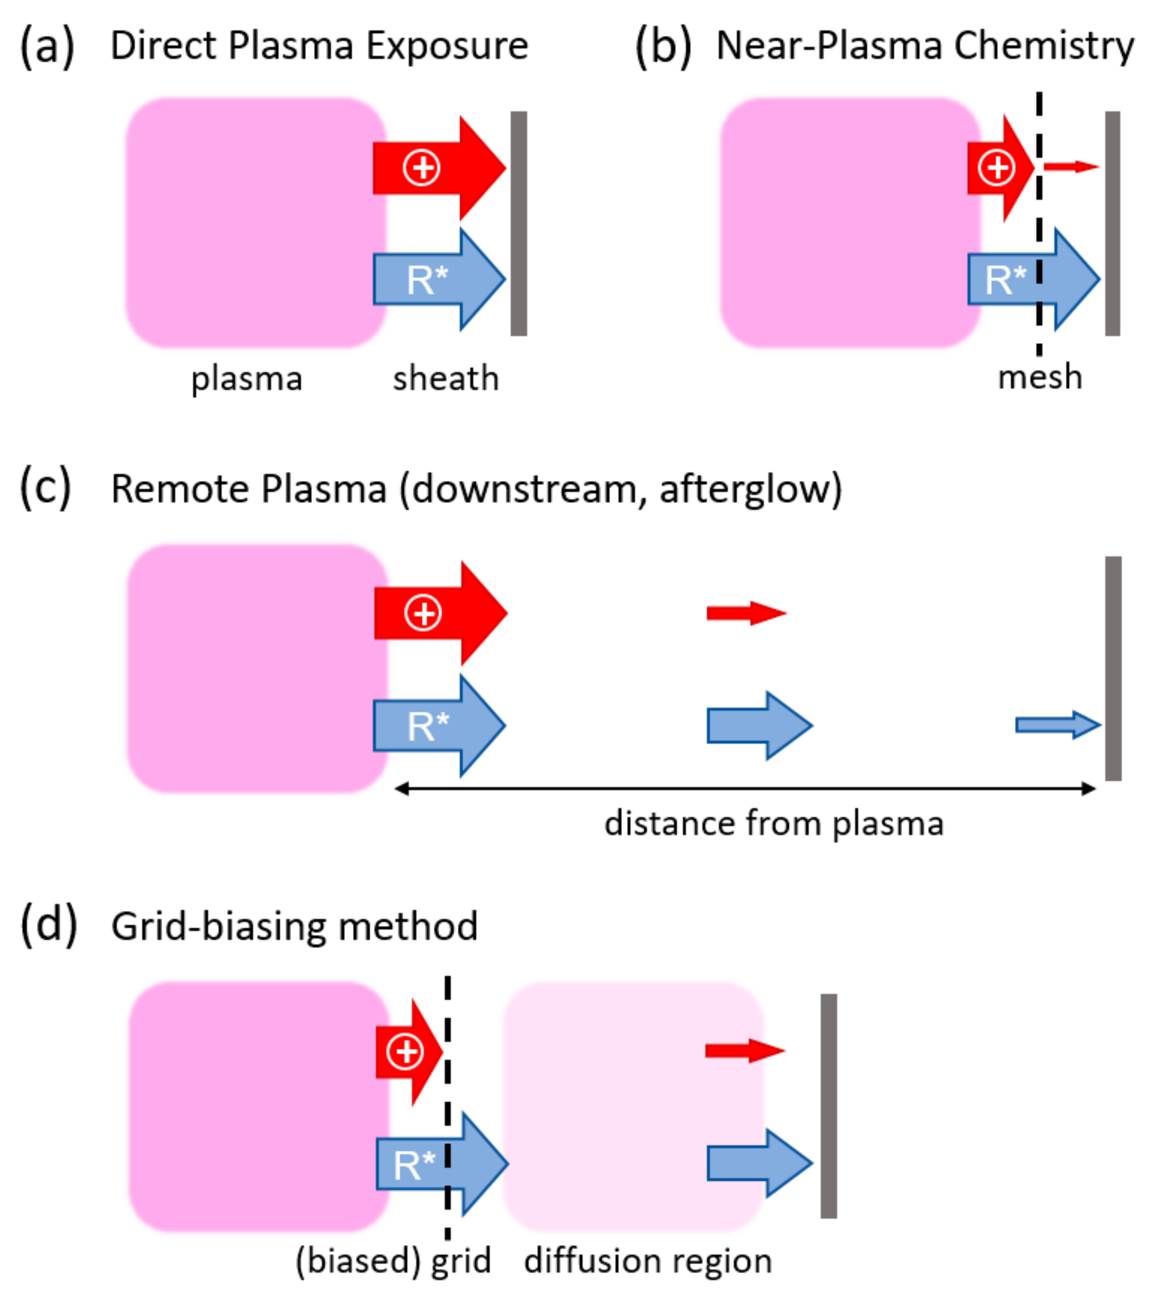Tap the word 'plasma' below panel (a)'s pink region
pos(247,380)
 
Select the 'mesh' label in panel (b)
pos(1040,377)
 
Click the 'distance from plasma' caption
pos(774,824)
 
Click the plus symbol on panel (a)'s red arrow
pos(421,168)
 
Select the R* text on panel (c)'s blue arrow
pos(428,726)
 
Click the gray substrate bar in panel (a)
pos(519,223)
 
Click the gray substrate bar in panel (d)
pos(828,1106)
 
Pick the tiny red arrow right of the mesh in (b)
pos(1071,167)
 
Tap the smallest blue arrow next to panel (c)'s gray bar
pos(1057,725)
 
